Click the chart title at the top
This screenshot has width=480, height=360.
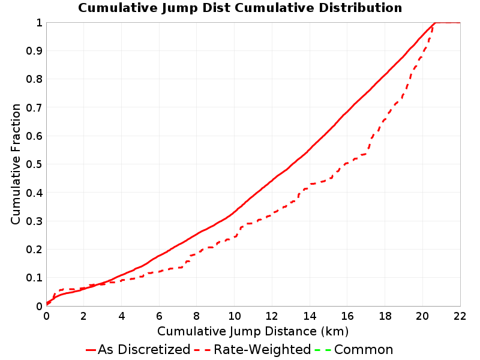pos(240,8)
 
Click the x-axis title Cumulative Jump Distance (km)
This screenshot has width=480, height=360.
pos(253,331)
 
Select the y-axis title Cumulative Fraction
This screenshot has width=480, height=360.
pos(16,164)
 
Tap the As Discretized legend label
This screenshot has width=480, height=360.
pos(144,349)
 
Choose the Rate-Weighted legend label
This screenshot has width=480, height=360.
pos(262,349)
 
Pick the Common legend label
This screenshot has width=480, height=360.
pos(364,349)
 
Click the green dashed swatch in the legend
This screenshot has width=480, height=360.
pos(323,350)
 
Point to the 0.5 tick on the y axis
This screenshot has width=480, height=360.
pos(34,164)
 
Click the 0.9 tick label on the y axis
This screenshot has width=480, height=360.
pos(34,50)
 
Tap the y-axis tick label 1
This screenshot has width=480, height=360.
pos(39,22)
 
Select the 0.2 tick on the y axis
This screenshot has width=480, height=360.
pos(34,249)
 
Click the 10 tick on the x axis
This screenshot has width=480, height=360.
pos(234,316)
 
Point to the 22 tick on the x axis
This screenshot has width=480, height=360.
pos(460,316)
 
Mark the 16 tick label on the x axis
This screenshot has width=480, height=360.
pos(347,316)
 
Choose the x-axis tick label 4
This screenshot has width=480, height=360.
pos(122,316)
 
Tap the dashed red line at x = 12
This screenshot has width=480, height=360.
pos(272,214)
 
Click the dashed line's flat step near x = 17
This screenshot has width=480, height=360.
pos(361,155)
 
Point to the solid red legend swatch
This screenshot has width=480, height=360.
pos(91,350)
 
